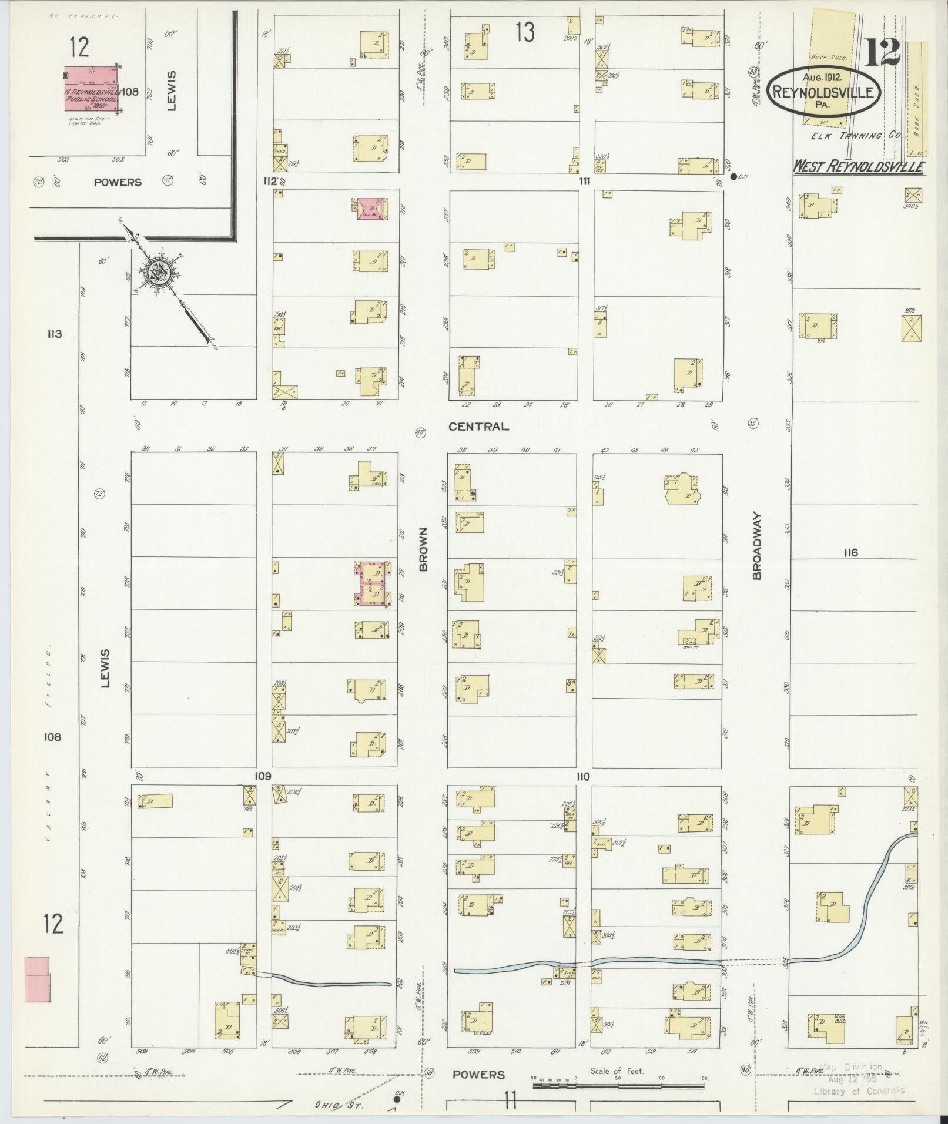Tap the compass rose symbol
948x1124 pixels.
point(159,271)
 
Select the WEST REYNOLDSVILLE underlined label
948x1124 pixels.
point(859,167)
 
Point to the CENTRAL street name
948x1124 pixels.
point(478,427)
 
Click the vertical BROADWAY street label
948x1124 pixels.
point(756,546)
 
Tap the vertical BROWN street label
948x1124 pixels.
point(423,549)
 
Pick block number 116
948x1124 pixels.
point(850,552)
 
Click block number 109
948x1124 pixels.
point(262,776)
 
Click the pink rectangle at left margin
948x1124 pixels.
point(36,979)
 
